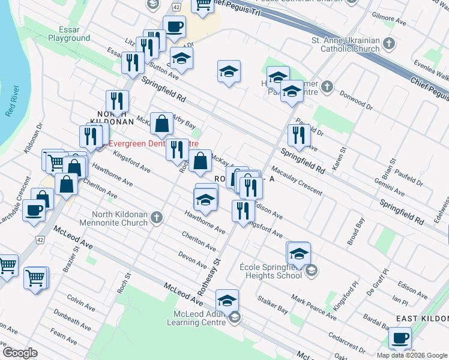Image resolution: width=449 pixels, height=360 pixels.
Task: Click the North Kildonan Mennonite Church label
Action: [119, 218]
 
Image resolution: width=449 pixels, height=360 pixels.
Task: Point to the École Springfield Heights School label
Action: [270, 271]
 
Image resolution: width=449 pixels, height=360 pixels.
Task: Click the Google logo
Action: [20, 353]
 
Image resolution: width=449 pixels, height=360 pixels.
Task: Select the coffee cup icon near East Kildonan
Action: [400, 338]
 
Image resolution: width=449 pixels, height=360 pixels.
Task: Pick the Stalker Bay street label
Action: [273, 310]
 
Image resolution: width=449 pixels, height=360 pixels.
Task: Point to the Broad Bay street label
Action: [355, 232]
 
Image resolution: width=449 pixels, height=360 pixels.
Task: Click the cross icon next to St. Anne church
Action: [389, 43]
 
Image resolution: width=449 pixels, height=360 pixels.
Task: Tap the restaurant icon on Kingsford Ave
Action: [243, 211]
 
